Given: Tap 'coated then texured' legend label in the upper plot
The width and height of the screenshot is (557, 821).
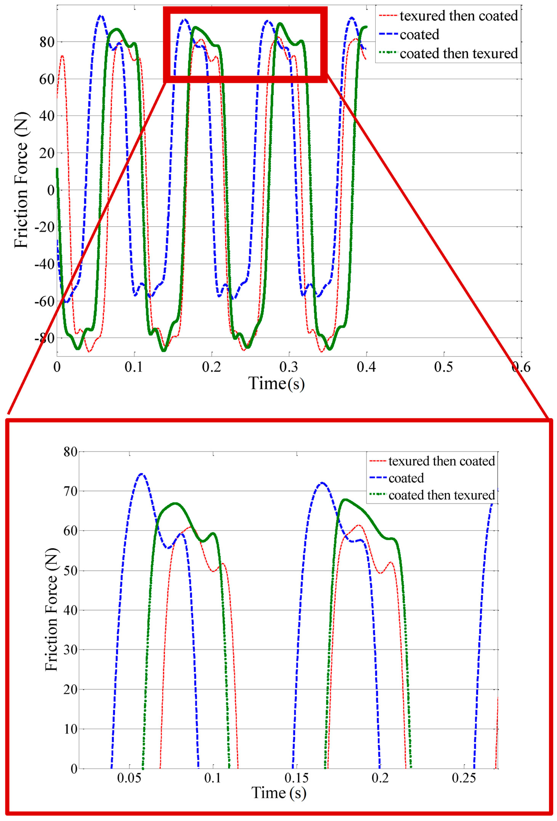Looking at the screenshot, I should pyautogui.click(x=459, y=54).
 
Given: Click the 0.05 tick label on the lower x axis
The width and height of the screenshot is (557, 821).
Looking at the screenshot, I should pyautogui.click(x=129, y=778).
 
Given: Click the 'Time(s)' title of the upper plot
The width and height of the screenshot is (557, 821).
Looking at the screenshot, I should pyautogui.click(x=276, y=383).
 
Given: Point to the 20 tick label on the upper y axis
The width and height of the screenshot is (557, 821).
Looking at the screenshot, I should pyautogui.click(x=47, y=153).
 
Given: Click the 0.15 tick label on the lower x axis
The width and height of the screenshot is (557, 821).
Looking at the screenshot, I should pyautogui.click(x=297, y=778).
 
